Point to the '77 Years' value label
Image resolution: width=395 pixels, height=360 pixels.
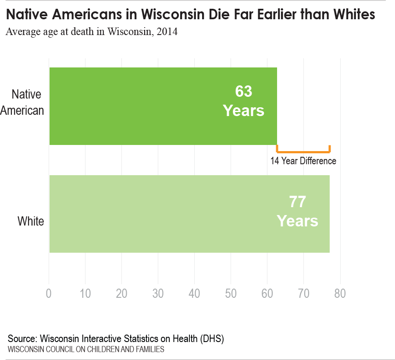click(x=297, y=212)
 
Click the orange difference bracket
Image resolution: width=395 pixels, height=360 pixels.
click(x=303, y=151)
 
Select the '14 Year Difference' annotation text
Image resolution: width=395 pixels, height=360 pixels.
click(x=303, y=161)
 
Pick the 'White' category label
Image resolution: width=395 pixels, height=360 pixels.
click(x=31, y=221)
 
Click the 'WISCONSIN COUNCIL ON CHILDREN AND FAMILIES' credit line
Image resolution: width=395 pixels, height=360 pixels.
click(x=86, y=349)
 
